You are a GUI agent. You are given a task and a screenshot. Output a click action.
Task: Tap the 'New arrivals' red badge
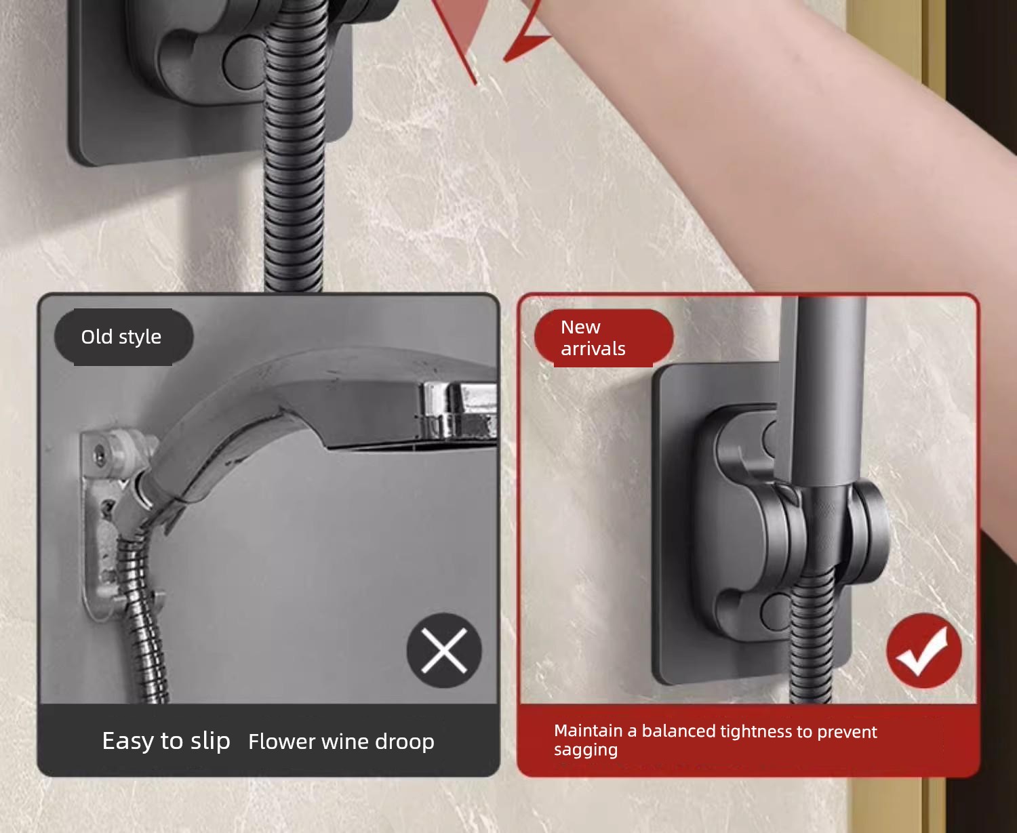pos(603,338)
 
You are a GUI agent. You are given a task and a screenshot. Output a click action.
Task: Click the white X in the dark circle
pos(444,651)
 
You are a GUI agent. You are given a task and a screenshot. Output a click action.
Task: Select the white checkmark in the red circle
pos(922,651)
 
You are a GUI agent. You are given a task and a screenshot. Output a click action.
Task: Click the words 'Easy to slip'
pos(166,741)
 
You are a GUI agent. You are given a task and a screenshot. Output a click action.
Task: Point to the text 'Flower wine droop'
pos(341,742)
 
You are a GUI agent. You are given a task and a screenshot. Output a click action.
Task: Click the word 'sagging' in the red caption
pos(585,750)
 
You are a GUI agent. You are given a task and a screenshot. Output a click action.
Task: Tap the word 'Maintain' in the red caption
pos(589,731)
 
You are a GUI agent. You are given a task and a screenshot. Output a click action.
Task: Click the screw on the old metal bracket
pos(99,455)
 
